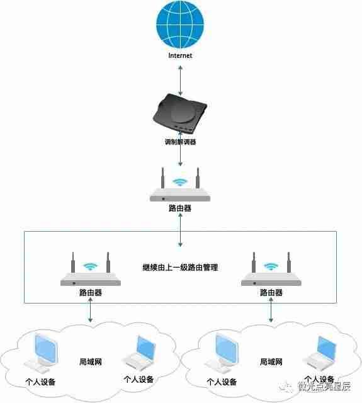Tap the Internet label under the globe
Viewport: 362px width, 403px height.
coord(180,55)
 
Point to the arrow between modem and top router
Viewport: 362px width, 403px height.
coord(180,157)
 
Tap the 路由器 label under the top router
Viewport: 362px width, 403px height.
coord(180,208)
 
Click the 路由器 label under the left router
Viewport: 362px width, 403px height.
coord(91,293)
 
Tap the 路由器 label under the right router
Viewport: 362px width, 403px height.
coord(271,293)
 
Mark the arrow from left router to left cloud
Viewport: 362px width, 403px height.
coord(91,312)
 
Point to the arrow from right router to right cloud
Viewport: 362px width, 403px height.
coord(271,312)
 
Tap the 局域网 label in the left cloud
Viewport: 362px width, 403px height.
coord(91,362)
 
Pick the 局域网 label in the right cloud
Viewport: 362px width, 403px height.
coord(271,362)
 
